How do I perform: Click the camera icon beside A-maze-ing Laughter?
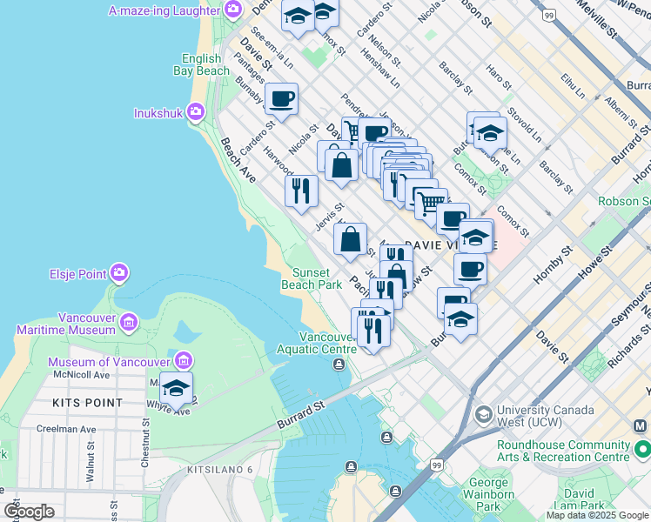point(232,10)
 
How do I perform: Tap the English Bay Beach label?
point(200,64)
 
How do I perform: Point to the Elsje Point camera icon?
point(119,274)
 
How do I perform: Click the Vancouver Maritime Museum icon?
point(129,324)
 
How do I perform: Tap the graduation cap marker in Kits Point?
point(176,389)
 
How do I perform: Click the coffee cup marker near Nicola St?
point(280,99)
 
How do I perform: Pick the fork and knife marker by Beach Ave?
point(301,191)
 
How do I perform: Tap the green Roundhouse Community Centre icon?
point(642,450)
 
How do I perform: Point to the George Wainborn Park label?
point(488,493)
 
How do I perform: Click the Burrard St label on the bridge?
point(301,413)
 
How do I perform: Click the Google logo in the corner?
point(29,512)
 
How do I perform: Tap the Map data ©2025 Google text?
point(597,515)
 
